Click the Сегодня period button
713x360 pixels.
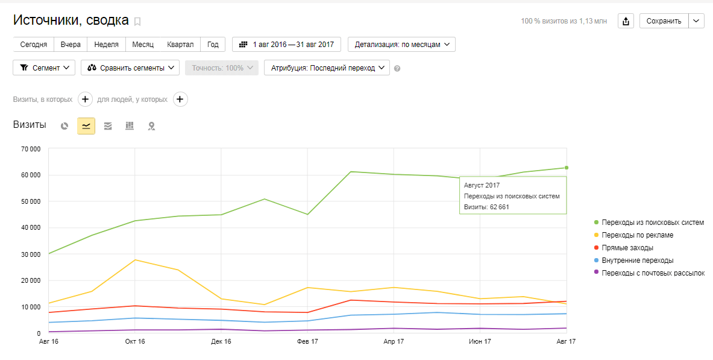[34, 45]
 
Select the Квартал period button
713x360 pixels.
[180, 45]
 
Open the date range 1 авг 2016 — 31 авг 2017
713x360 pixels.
[286, 45]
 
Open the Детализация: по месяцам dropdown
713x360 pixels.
[401, 45]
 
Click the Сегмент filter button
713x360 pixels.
[44, 68]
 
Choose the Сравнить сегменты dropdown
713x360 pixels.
[130, 68]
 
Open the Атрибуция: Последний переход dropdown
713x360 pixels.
[327, 68]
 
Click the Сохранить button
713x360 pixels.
[664, 21]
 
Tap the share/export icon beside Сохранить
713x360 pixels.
[626, 21]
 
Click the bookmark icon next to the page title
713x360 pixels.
[137, 22]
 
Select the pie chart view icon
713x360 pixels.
[64, 126]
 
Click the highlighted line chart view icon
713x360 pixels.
[86, 126]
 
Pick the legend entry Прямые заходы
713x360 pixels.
[627, 248]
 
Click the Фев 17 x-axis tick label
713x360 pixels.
[307, 342]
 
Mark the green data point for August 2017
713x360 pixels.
[567, 168]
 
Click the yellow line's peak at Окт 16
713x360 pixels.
[135, 260]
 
